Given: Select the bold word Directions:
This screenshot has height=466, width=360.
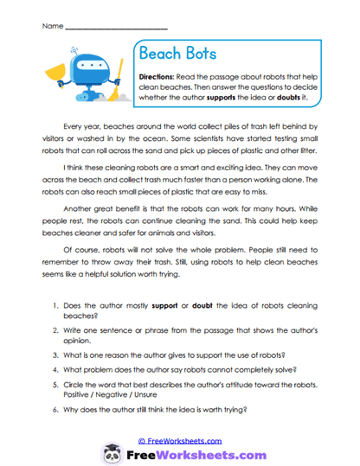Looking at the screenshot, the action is pyautogui.click(x=160, y=77).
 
